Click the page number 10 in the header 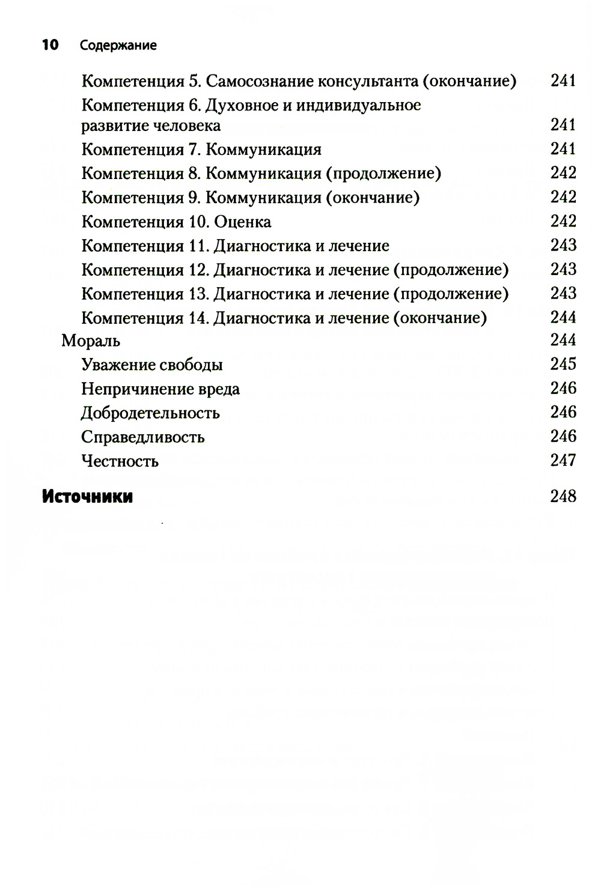pyautogui.click(x=50, y=45)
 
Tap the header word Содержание pyautogui.click(x=118, y=46)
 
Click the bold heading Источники pyautogui.click(x=87, y=497)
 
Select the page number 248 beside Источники pyautogui.click(x=563, y=496)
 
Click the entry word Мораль pyautogui.click(x=91, y=341)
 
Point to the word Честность pyautogui.click(x=120, y=461)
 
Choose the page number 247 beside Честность pyautogui.click(x=563, y=460)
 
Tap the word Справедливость pyautogui.click(x=142, y=437)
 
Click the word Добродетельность pyautogui.click(x=150, y=413)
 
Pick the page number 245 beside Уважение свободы pyautogui.click(x=563, y=364)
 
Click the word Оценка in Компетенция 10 pyautogui.click(x=242, y=222)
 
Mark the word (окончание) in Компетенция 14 pyautogui.click(x=440, y=318)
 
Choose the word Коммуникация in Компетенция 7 pyautogui.click(x=263, y=150)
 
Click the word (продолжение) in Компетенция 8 pyautogui.click(x=383, y=174)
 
